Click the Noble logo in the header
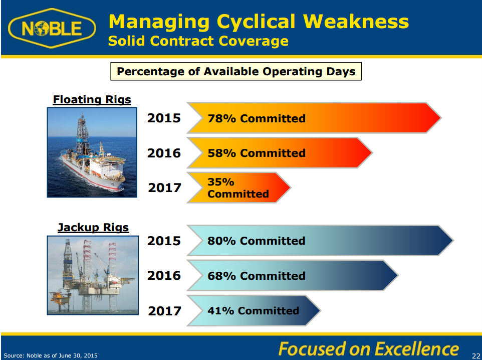pyautogui.click(x=52, y=28)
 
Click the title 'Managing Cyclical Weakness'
pyautogui.click(x=259, y=22)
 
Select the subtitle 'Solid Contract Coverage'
pyautogui.click(x=198, y=41)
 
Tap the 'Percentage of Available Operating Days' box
pyautogui.click(x=236, y=71)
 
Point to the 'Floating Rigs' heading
pyautogui.click(x=92, y=100)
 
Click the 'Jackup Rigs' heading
pyautogui.click(x=93, y=228)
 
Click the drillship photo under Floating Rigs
pyautogui.click(x=92, y=152)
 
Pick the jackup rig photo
pyautogui.click(x=93, y=275)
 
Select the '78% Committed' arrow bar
pyautogui.click(x=314, y=118)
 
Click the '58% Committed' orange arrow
pyautogui.click(x=280, y=152)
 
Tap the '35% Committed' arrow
pyautogui.click(x=238, y=188)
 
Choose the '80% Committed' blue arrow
pyautogui.click(x=320, y=240)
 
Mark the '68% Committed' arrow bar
pyautogui.click(x=292, y=275)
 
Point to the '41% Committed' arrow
pyautogui.click(x=254, y=310)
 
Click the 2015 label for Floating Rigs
pyautogui.click(x=164, y=118)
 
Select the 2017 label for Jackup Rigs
pyautogui.click(x=164, y=311)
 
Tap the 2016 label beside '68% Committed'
pyautogui.click(x=164, y=275)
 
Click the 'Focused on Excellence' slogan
pyautogui.click(x=368, y=349)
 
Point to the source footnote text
pyautogui.click(x=51, y=355)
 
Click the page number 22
pyautogui.click(x=476, y=355)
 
